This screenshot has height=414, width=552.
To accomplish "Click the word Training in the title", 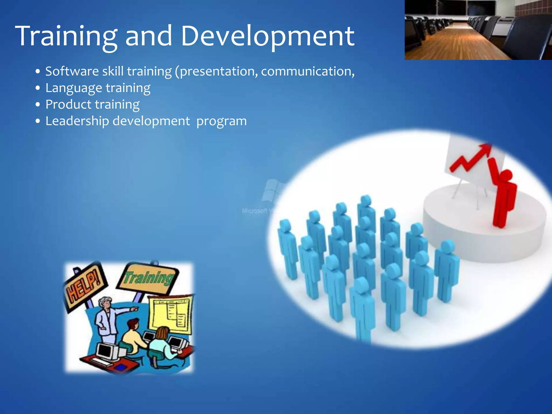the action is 66,36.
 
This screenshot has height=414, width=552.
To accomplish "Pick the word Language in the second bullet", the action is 74,88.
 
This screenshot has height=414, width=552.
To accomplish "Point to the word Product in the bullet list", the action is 68,105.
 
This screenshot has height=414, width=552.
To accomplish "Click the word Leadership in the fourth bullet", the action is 77,121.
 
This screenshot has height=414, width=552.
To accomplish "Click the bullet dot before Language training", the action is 38,88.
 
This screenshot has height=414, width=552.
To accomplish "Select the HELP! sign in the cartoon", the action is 84,286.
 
